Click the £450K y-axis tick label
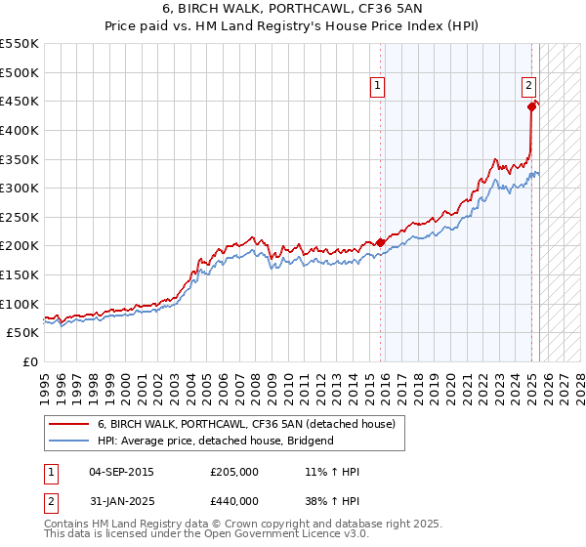(19, 102)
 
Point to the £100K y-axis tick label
(19, 304)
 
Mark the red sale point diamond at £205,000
(380, 243)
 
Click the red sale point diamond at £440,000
(532, 107)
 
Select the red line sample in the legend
(69, 424)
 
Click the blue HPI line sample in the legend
(69, 441)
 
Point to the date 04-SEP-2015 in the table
(121, 473)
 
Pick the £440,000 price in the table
(234, 501)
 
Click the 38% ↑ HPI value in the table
(333, 501)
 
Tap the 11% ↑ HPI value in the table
(333, 473)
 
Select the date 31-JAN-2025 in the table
(121, 501)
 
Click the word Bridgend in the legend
(311, 441)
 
